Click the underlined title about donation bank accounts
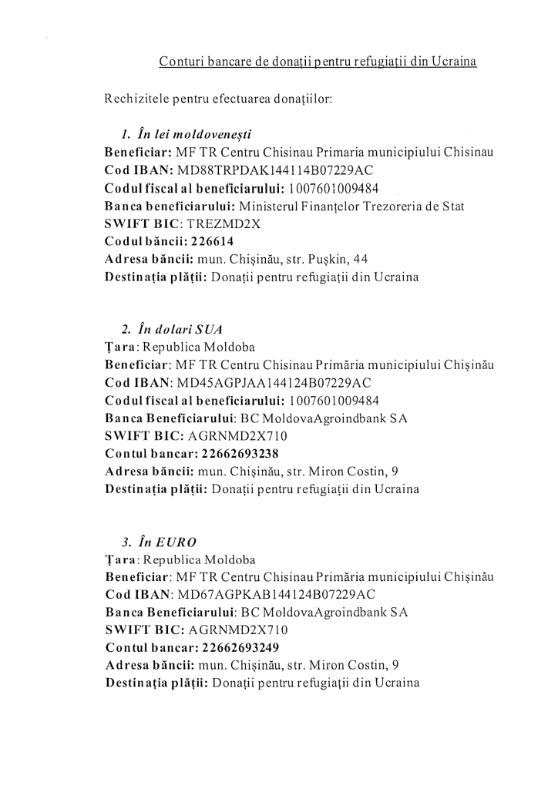tap(318, 61)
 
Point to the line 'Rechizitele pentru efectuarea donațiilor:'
tap(218, 99)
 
